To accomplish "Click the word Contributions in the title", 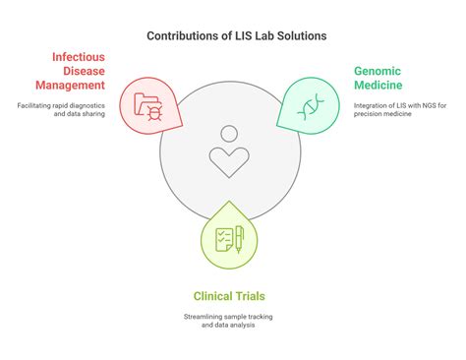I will point(182,36).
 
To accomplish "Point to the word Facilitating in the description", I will point(36,105).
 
